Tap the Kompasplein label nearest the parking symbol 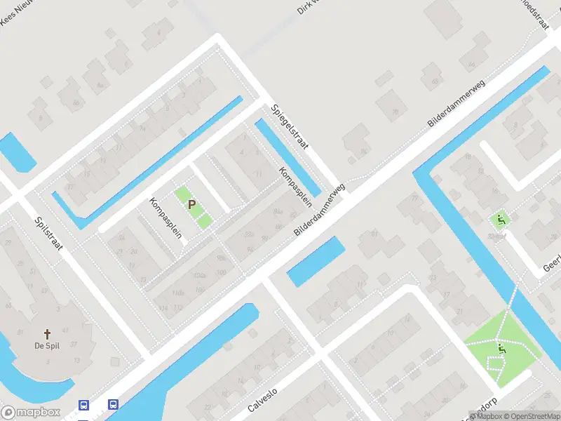coord(165,218)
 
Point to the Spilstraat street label coord(48,238)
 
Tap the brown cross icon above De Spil coord(48,335)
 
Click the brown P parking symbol coord(191,204)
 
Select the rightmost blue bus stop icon coord(112,404)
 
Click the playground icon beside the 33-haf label coord(501,220)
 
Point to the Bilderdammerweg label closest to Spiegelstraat coord(321,210)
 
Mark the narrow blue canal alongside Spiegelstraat coord(288,157)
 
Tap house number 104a coord(200,275)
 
